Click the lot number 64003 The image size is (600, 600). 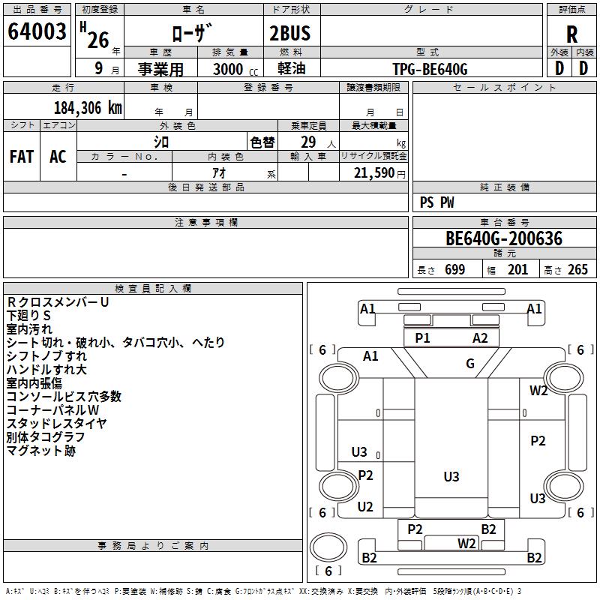37,32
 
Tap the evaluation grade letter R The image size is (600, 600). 571,34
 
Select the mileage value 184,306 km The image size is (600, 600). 88,107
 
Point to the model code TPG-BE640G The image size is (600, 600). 430,69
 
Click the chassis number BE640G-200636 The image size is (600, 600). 503,238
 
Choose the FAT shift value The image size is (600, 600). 21,157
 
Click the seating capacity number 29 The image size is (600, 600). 308,142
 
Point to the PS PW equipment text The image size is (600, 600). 436,202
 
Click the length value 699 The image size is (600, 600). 454,270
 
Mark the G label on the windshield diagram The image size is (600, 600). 470,364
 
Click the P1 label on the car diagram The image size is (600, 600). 423,338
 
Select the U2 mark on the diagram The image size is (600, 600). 365,507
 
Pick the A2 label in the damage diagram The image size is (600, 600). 480,338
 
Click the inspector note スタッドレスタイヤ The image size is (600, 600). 56,424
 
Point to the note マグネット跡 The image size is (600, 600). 40,451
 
